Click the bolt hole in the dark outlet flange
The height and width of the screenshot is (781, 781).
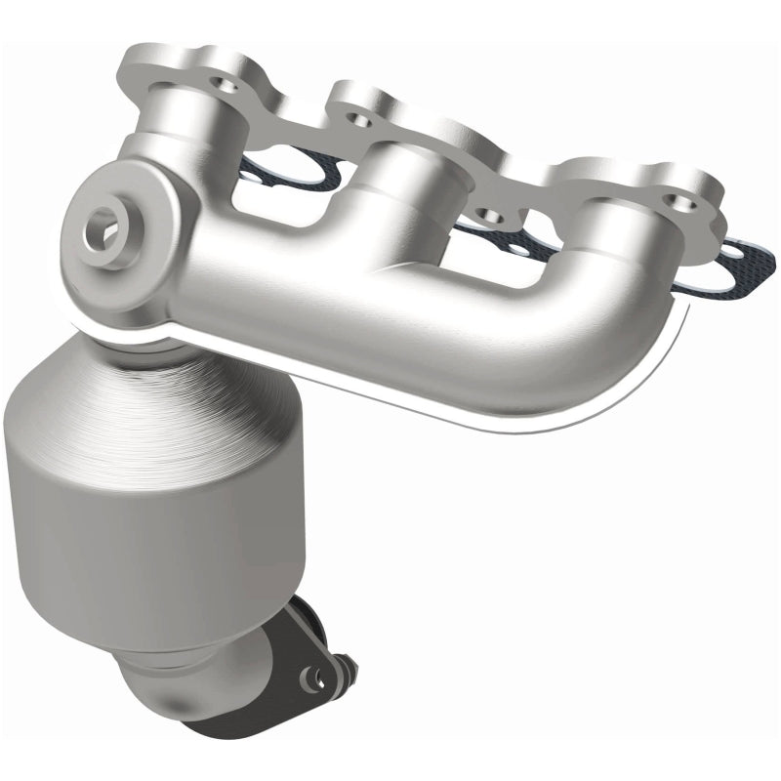tap(315, 674)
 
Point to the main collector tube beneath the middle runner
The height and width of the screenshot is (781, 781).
tap(390, 293)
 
